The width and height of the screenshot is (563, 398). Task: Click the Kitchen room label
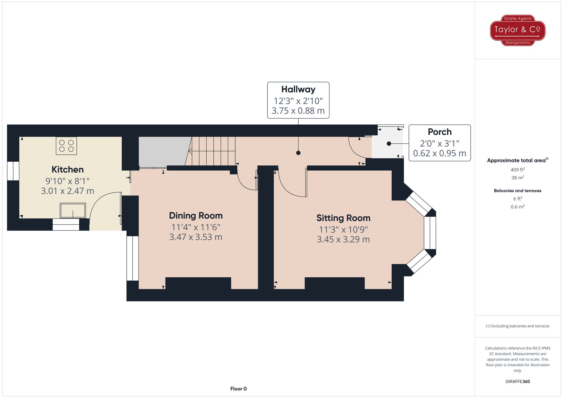68,170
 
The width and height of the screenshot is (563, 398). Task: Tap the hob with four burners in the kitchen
66,146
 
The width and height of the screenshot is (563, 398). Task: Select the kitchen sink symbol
73,211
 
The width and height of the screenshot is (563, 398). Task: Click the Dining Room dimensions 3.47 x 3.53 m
196,237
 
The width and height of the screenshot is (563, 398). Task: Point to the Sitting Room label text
343,218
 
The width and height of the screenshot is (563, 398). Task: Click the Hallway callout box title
298,89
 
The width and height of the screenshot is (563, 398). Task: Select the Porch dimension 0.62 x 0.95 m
439,153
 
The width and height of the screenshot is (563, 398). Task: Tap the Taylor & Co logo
517,30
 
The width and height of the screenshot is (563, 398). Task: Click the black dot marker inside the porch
389,144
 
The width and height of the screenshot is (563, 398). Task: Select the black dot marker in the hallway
298,153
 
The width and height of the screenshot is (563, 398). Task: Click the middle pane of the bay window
430,233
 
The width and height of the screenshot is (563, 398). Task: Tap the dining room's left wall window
132,258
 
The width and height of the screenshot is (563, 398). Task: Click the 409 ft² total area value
517,170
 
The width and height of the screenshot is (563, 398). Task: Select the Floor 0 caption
238,389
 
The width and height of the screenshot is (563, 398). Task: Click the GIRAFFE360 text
517,382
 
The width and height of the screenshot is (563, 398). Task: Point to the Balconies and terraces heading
517,191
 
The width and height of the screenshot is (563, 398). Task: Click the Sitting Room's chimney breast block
334,283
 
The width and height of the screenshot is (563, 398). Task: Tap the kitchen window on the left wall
13,171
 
